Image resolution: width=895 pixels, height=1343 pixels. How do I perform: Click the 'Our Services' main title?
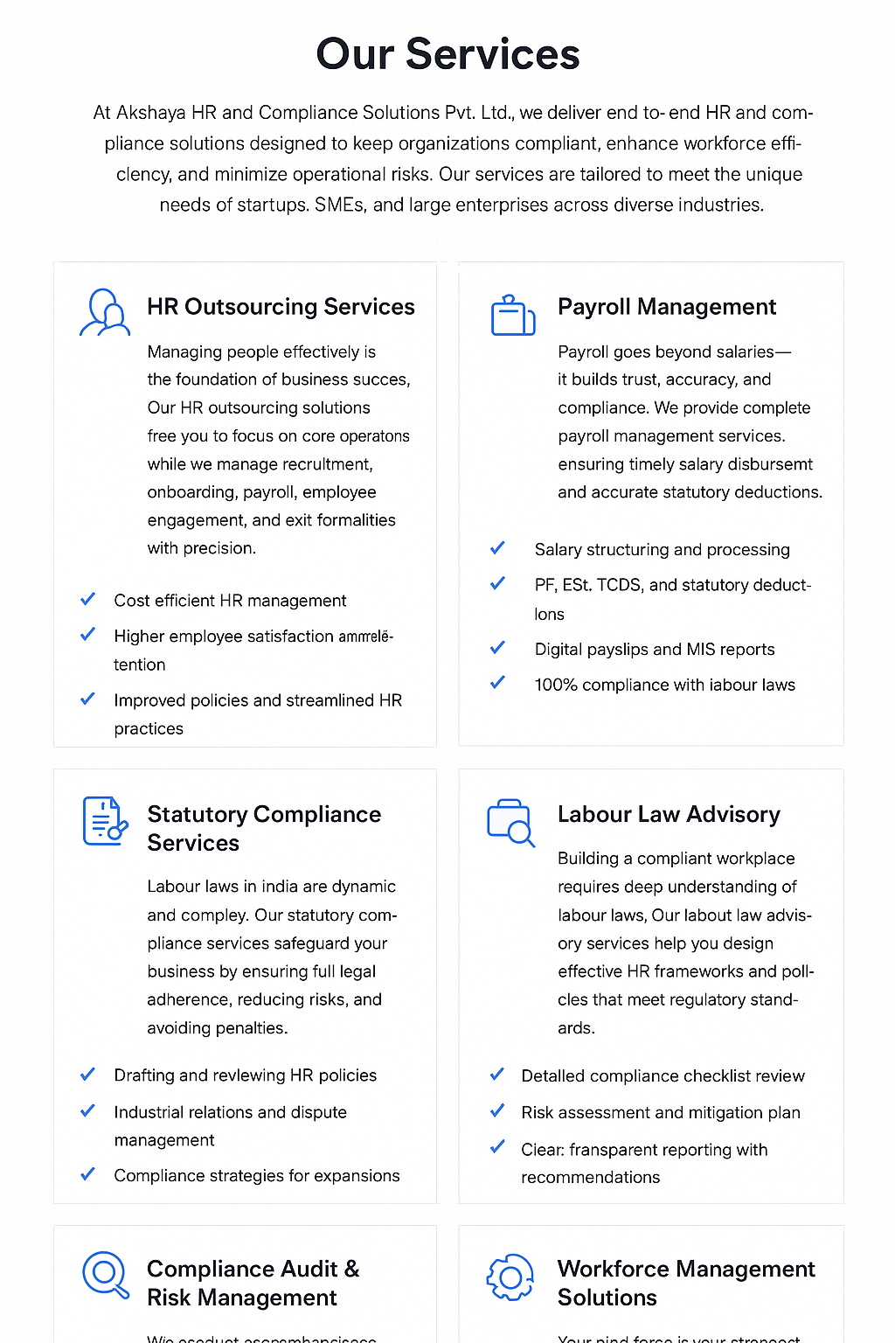click(x=447, y=54)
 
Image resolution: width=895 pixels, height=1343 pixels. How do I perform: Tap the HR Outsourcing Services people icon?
click(x=105, y=313)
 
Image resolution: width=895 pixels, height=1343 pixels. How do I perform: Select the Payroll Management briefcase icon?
click(x=513, y=316)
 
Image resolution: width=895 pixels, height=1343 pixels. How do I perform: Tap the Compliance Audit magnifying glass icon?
click(x=105, y=1275)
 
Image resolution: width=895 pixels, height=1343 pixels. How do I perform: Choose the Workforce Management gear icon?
click(x=510, y=1277)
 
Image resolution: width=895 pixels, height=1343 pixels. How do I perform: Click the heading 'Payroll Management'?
click(x=667, y=307)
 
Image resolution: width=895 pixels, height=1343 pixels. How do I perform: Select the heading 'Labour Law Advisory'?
click(x=669, y=814)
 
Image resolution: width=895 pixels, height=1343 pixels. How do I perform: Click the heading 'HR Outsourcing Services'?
click(x=281, y=307)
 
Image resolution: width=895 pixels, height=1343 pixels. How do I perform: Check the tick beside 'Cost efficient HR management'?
click(x=87, y=600)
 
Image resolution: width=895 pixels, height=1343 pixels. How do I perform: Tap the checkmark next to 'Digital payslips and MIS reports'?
click(x=497, y=648)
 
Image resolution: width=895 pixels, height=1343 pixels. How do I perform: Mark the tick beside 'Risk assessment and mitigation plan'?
click(x=497, y=1111)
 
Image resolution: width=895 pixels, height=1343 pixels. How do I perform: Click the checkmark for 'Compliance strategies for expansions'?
click(x=87, y=1174)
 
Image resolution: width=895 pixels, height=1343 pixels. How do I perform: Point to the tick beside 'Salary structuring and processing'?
click(x=497, y=548)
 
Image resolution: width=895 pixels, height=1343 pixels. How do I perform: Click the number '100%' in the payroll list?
click(x=556, y=685)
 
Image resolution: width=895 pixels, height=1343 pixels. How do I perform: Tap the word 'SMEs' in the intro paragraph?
click(x=339, y=205)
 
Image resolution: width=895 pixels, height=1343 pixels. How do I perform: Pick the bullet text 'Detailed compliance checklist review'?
click(x=663, y=1075)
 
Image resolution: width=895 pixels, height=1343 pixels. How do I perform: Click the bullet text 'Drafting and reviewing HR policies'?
click(x=246, y=1075)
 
